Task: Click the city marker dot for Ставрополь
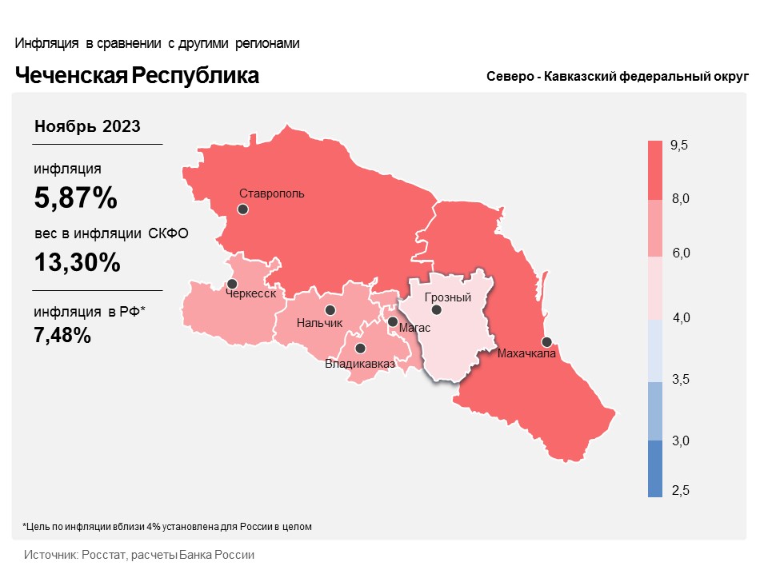[243, 209]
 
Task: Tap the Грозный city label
[447, 297]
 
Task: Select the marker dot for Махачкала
[546, 341]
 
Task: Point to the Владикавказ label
[360, 365]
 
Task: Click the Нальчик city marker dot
[330, 310]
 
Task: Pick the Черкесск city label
[251, 294]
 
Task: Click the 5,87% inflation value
[75, 197]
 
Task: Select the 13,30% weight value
[77, 261]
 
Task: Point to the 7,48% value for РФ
[62, 336]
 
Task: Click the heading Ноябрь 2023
[88, 126]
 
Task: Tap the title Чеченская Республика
[137, 76]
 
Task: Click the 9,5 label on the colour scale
[679, 145]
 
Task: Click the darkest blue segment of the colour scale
[655, 469]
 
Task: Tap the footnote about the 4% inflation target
[166, 527]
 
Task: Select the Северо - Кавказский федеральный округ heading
[616, 77]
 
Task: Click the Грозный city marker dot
[436, 310]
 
